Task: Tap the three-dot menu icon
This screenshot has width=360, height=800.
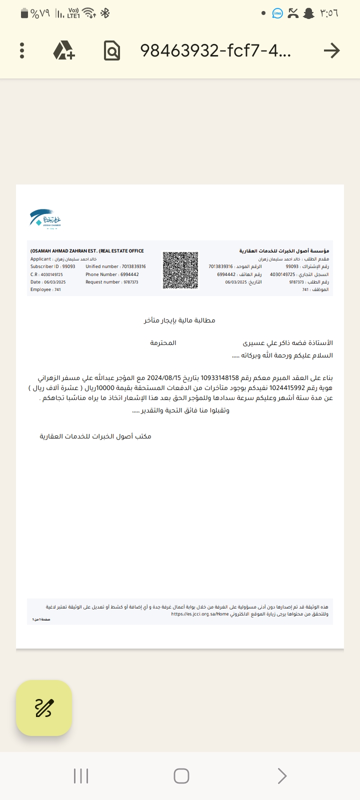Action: [22, 50]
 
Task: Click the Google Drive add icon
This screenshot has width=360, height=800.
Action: [64, 50]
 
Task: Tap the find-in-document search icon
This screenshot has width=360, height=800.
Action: [112, 50]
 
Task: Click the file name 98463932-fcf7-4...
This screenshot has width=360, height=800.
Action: [215, 50]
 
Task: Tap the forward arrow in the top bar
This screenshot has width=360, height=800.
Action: [331, 50]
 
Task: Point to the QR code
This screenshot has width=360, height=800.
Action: [180, 270]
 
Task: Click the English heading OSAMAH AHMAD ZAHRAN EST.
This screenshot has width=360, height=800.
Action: [87, 251]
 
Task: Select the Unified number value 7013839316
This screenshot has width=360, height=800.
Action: [134, 266]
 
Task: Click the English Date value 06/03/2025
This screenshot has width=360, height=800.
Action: [55, 282]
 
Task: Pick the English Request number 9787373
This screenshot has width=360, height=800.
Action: [131, 282]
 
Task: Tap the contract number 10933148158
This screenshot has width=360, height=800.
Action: [220, 378]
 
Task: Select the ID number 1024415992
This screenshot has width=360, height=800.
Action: [286, 388]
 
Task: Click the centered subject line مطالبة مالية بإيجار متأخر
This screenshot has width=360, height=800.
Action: [179, 320]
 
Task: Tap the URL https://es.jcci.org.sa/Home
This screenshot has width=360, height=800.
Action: [200, 614]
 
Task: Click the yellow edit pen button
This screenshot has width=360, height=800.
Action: [44, 708]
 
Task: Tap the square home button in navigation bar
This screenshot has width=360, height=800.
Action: [181, 776]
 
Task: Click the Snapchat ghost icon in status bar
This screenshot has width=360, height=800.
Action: [309, 13]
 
